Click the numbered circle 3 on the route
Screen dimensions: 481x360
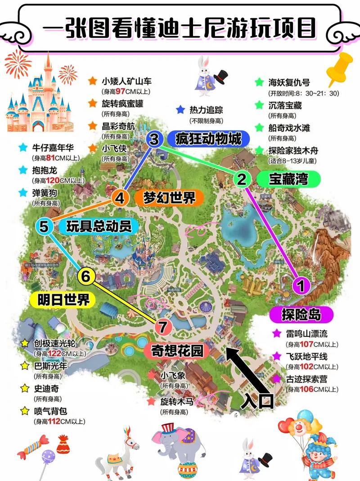pos(154,139)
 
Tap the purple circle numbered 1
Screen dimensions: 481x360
pos(301,285)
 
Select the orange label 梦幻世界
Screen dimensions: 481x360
pos(170,197)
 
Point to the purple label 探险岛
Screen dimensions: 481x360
pos(301,315)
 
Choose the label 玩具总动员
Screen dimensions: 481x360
pos(99,226)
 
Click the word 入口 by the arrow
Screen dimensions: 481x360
pos(257,401)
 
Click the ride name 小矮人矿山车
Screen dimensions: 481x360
pos(126,81)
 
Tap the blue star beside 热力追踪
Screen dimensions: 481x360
pos(180,109)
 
